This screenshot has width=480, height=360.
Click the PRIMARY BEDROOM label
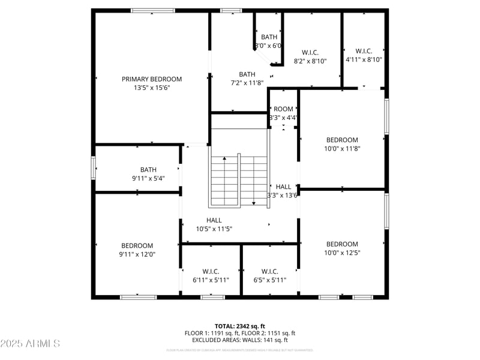[152, 79]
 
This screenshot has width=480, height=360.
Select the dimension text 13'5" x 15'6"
[152, 88]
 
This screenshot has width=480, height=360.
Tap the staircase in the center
[239, 180]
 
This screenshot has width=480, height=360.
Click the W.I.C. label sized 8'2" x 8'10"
[310, 52]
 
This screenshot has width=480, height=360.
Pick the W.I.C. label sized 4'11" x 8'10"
[364, 51]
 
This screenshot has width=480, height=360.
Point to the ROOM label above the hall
[283, 109]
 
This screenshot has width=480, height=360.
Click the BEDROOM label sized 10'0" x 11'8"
[341, 140]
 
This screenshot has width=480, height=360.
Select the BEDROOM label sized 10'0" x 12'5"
[342, 244]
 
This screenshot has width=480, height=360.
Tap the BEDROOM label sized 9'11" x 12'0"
[137, 245]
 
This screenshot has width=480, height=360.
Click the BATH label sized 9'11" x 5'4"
[148, 170]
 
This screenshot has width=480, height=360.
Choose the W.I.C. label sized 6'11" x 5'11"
[211, 271]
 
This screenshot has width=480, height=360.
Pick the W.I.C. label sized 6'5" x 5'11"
[269, 271]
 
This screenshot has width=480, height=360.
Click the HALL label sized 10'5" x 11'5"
[214, 220]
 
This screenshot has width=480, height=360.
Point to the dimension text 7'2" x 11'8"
[247, 83]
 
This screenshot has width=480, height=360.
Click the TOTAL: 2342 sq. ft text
[239, 326]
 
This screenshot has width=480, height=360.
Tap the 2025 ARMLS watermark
[30, 344]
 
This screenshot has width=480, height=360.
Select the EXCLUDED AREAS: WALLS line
[239, 340]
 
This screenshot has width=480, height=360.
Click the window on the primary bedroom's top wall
[153, 10]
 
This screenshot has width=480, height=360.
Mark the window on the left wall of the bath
[93, 167]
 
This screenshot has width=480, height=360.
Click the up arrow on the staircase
[224, 160]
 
